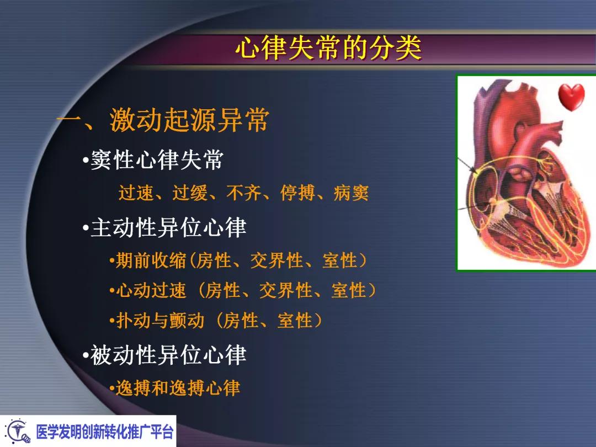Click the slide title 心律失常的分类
[328, 49]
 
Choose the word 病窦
[351, 194]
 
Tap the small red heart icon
[571, 97]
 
